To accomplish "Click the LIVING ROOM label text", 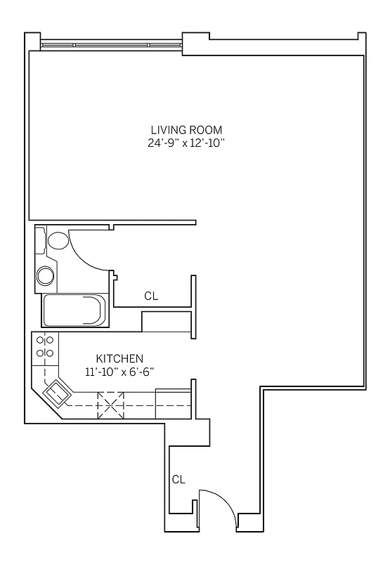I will tap(186, 130).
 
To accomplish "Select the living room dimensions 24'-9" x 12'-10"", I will tap(186, 143).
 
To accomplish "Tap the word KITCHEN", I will tap(120, 358).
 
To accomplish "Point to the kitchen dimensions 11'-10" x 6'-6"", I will tap(120, 371).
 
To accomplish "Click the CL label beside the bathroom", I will tap(151, 296).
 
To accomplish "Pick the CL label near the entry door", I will tap(178, 480).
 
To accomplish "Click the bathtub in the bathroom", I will tap(74, 311).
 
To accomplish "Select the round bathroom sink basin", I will tap(46, 275).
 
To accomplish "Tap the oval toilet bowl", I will tap(57, 241).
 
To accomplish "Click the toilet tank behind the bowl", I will tap(40, 239).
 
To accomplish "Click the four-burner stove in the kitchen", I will tap(45, 346).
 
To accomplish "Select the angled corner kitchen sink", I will tap(56, 394).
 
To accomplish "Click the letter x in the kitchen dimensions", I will tap(122, 372).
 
